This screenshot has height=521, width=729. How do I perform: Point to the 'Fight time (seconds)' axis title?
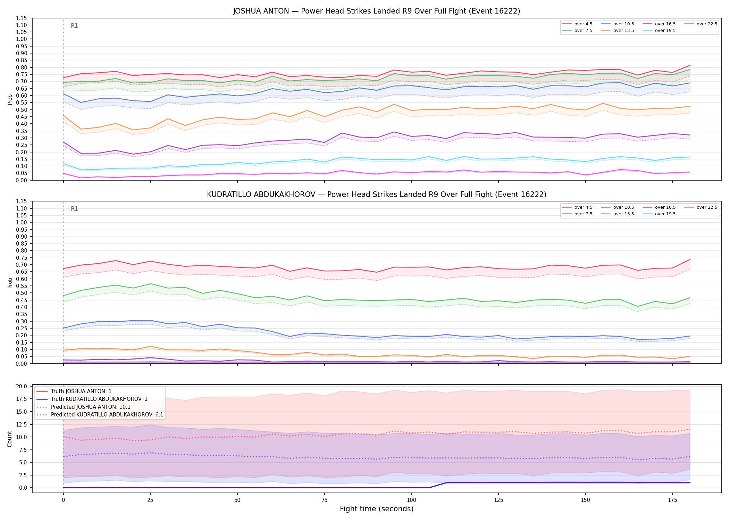pos(377,509)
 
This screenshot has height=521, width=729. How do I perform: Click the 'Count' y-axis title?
pos(10,439)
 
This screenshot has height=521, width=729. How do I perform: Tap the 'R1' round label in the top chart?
pos(74,26)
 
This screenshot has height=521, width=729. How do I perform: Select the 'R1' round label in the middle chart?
pos(74,209)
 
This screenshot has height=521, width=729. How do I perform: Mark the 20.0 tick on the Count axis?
pos(22,386)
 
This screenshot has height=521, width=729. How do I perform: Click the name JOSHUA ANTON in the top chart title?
pos(261,11)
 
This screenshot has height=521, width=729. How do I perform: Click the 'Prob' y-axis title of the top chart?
pos(10,99)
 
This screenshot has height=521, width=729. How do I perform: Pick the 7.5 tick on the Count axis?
pos(24,450)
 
